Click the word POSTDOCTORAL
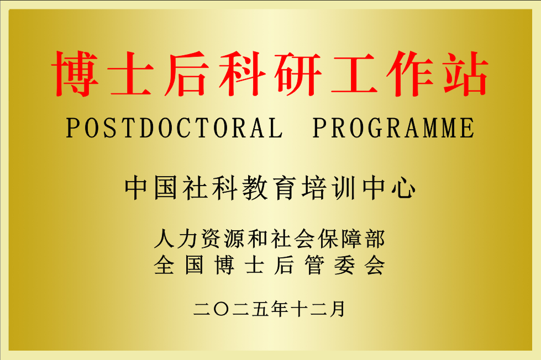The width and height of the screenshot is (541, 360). point(175,129)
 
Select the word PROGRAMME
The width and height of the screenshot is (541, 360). point(393,129)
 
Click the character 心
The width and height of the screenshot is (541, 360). point(405,188)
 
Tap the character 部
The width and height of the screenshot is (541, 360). point(375,240)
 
